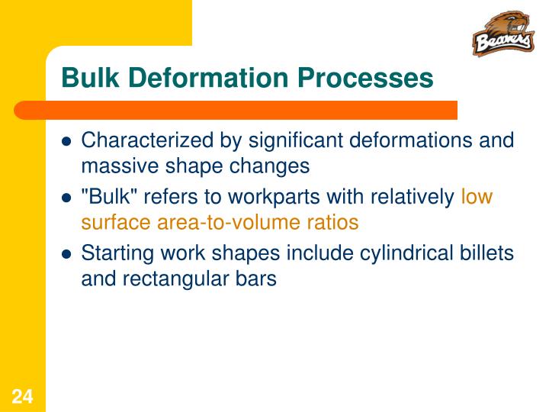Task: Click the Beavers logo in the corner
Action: pos(502,34)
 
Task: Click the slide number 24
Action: pos(22,396)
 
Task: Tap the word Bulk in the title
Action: pos(85,78)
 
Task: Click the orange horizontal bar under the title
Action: pos(252,110)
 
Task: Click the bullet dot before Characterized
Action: pos(66,142)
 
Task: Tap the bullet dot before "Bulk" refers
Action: pos(66,198)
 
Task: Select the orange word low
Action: pos(477,198)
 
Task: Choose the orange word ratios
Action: pos(332,222)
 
